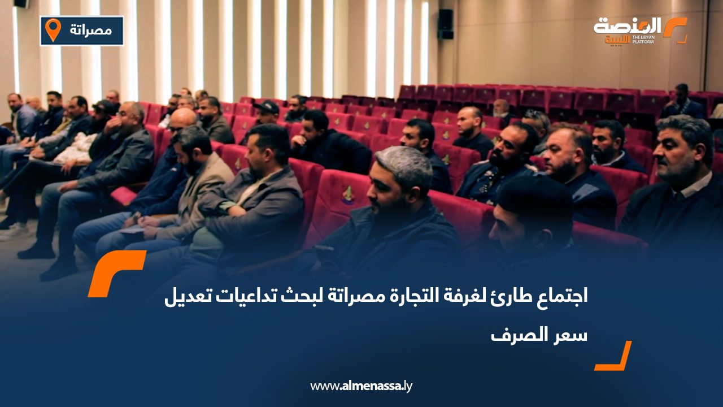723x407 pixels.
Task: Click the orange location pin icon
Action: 53,29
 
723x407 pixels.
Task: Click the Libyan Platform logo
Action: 639,31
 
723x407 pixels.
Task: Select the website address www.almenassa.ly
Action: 361,386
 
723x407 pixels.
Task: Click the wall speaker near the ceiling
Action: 445,24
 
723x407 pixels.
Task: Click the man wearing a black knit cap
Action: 528,209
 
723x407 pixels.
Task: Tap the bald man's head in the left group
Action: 182,120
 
